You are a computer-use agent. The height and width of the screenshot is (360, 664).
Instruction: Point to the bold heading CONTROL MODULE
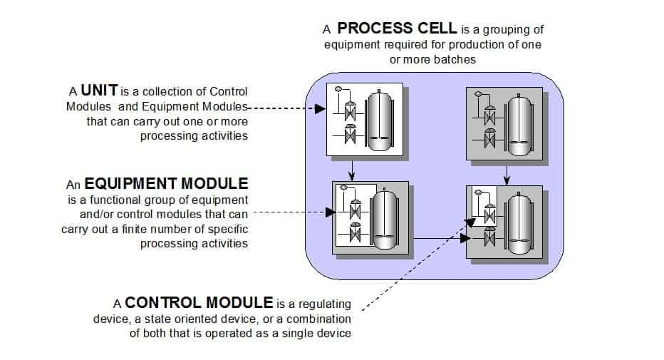point(199,302)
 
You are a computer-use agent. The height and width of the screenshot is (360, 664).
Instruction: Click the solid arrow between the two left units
point(352,169)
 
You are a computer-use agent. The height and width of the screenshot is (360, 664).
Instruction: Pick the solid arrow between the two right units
point(506,173)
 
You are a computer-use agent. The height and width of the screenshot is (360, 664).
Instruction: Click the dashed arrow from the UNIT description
point(285,108)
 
